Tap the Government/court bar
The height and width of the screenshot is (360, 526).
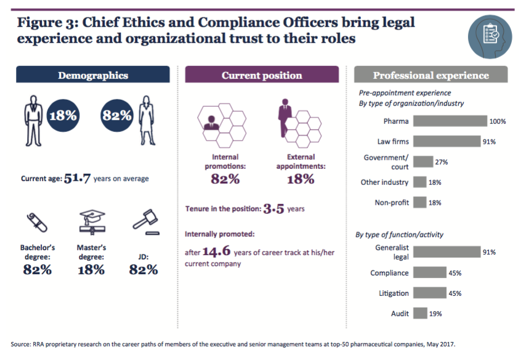(x=423, y=162)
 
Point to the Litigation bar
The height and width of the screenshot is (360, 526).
(x=429, y=293)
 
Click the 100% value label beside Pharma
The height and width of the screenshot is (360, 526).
(x=498, y=121)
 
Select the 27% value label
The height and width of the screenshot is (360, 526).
(x=441, y=162)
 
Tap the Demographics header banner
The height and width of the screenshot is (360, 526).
(x=93, y=75)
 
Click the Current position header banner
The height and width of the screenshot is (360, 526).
(x=262, y=75)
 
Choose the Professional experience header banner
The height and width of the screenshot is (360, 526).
(x=431, y=75)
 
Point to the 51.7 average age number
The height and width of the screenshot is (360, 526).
(x=77, y=179)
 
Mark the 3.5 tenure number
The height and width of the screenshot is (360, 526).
(x=273, y=209)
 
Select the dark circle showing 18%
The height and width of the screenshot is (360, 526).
(x=63, y=115)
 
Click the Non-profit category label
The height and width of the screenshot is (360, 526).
(x=391, y=202)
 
